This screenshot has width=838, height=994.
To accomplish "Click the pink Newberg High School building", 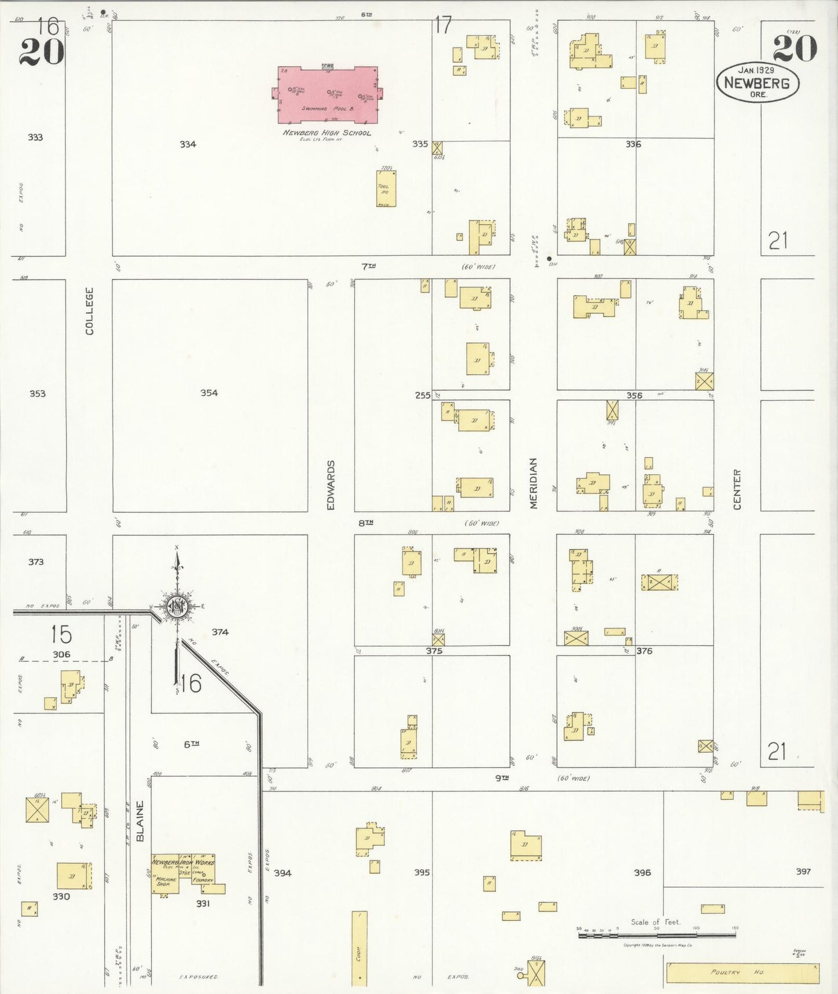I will click(x=327, y=96).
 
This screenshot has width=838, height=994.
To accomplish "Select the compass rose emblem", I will click(x=176, y=607).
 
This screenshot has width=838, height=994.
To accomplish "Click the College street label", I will click(x=89, y=311).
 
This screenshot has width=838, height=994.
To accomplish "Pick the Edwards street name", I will click(x=331, y=485).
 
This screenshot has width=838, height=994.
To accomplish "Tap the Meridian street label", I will click(x=534, y=483).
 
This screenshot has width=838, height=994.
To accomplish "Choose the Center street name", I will click(x=737, y=489).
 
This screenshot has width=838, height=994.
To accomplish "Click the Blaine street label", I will click(x=140, y=821).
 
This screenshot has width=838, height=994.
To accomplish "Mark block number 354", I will click(x=209, y=393).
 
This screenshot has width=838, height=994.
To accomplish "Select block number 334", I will click(x=187, y=144).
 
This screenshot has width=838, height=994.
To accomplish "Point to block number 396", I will click(x=642, y=872).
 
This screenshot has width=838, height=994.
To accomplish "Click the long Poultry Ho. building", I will click(x=742, y=973).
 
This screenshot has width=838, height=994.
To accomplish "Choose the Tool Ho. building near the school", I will click(x=386, y=188).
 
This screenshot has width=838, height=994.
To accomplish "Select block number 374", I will click(x=220, y=632).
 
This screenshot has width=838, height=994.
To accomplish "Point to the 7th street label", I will click(x=368, y=266).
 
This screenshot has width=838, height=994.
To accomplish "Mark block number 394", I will click(x=283, y=873).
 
